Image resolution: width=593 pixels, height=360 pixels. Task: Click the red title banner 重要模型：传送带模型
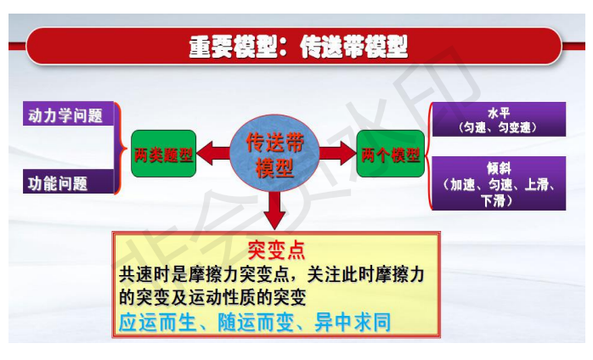[x=293, y=47]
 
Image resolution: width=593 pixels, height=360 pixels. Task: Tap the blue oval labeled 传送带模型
[x=274, y=154]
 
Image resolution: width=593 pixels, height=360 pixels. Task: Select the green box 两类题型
[x=163, y=154]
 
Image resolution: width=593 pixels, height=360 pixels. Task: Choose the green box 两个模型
[x=390, y=154]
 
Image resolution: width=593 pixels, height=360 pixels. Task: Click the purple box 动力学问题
[x=69, y=114]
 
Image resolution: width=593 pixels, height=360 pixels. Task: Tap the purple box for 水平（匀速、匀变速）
[x=499, y=119]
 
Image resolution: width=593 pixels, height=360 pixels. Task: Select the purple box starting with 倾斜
[x=499, y=183]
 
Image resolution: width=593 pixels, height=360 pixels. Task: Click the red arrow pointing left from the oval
[x=214, y=153]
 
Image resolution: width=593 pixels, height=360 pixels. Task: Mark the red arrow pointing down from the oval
[x=275, y=211]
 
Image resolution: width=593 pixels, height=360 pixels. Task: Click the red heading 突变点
[x=276, y=250]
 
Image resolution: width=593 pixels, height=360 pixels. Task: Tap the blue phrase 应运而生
[x=158, y=323]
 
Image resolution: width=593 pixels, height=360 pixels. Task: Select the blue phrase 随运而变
[x=256, y=323]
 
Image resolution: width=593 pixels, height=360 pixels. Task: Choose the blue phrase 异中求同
[x=353, y=323]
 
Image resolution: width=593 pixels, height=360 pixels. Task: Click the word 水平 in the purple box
[x=499, y=113]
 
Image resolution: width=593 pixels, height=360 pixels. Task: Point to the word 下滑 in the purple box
[x=493, y=200]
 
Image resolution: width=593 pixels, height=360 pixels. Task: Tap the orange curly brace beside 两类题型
[x=121, y=148]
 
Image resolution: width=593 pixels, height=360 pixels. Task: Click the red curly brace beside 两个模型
[x=429, y=155]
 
